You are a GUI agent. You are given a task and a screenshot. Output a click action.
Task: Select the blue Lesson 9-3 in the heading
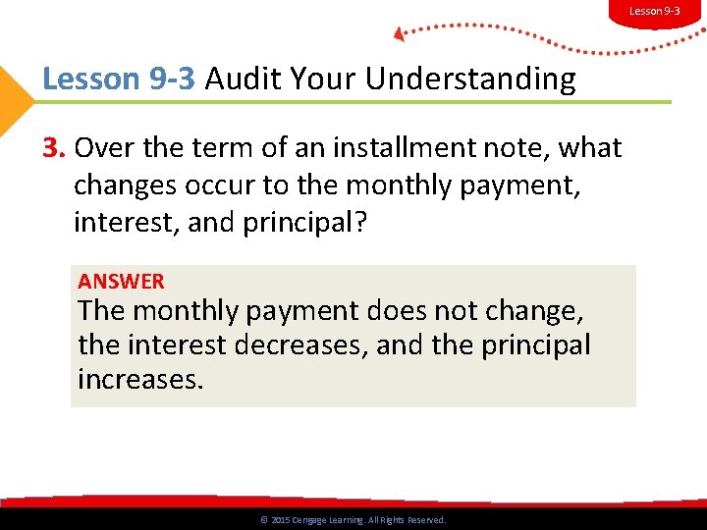(120, 79)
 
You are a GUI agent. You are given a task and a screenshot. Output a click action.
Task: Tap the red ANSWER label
(121, 282)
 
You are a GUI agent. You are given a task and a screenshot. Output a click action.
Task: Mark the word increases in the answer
(139, 380)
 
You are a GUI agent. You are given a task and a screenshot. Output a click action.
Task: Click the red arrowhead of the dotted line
(400, 33)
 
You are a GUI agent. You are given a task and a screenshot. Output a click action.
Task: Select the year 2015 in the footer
(281, 520)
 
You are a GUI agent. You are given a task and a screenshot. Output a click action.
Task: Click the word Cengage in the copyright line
(314, 520)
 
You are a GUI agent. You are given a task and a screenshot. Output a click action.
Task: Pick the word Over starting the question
(102, 148)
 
